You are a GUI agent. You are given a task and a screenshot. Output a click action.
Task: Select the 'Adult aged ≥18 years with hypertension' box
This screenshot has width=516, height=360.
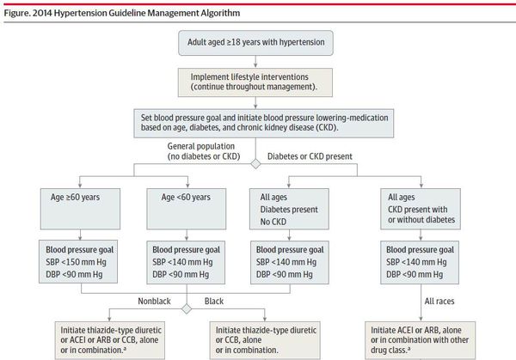[255, 43]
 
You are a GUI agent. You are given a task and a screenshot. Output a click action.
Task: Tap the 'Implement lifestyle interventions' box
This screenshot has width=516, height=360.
[255, 82]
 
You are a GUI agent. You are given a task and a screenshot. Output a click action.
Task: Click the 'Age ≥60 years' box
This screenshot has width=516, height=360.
[80, 209]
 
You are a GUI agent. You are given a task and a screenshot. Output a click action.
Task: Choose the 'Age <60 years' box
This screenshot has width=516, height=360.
[187, 209]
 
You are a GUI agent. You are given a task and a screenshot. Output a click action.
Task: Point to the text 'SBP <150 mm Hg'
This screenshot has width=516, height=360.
[76, 262]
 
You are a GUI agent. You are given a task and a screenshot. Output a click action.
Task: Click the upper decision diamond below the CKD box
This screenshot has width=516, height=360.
[255, 164]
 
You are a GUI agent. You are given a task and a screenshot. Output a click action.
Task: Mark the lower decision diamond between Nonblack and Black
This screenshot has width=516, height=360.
[187, 308]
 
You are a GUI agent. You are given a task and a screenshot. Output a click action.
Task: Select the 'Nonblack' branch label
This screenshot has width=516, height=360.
[154, 302]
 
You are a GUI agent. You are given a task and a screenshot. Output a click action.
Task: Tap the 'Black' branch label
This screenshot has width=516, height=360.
[214, 302]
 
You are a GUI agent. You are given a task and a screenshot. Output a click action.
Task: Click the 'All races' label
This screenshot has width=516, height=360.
[439, 302]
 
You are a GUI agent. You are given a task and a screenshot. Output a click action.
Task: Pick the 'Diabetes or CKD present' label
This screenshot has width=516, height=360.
[310, 156]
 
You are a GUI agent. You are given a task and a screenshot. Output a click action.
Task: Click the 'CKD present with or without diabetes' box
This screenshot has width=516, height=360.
[421, 209]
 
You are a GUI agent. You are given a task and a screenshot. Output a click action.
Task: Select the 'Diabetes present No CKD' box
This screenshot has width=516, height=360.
[289, 209]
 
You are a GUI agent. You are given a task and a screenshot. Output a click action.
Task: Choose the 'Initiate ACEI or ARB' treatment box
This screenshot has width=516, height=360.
[421, 340]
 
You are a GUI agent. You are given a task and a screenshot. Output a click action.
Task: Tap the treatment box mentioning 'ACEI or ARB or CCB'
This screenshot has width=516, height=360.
[110, 340]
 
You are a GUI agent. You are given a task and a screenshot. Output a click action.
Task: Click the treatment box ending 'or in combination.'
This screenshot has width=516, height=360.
[265, 340]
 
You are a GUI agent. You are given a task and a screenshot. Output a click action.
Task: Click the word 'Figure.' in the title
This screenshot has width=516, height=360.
[17, 13]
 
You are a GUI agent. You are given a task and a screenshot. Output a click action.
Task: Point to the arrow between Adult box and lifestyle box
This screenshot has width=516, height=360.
[255, 62]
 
